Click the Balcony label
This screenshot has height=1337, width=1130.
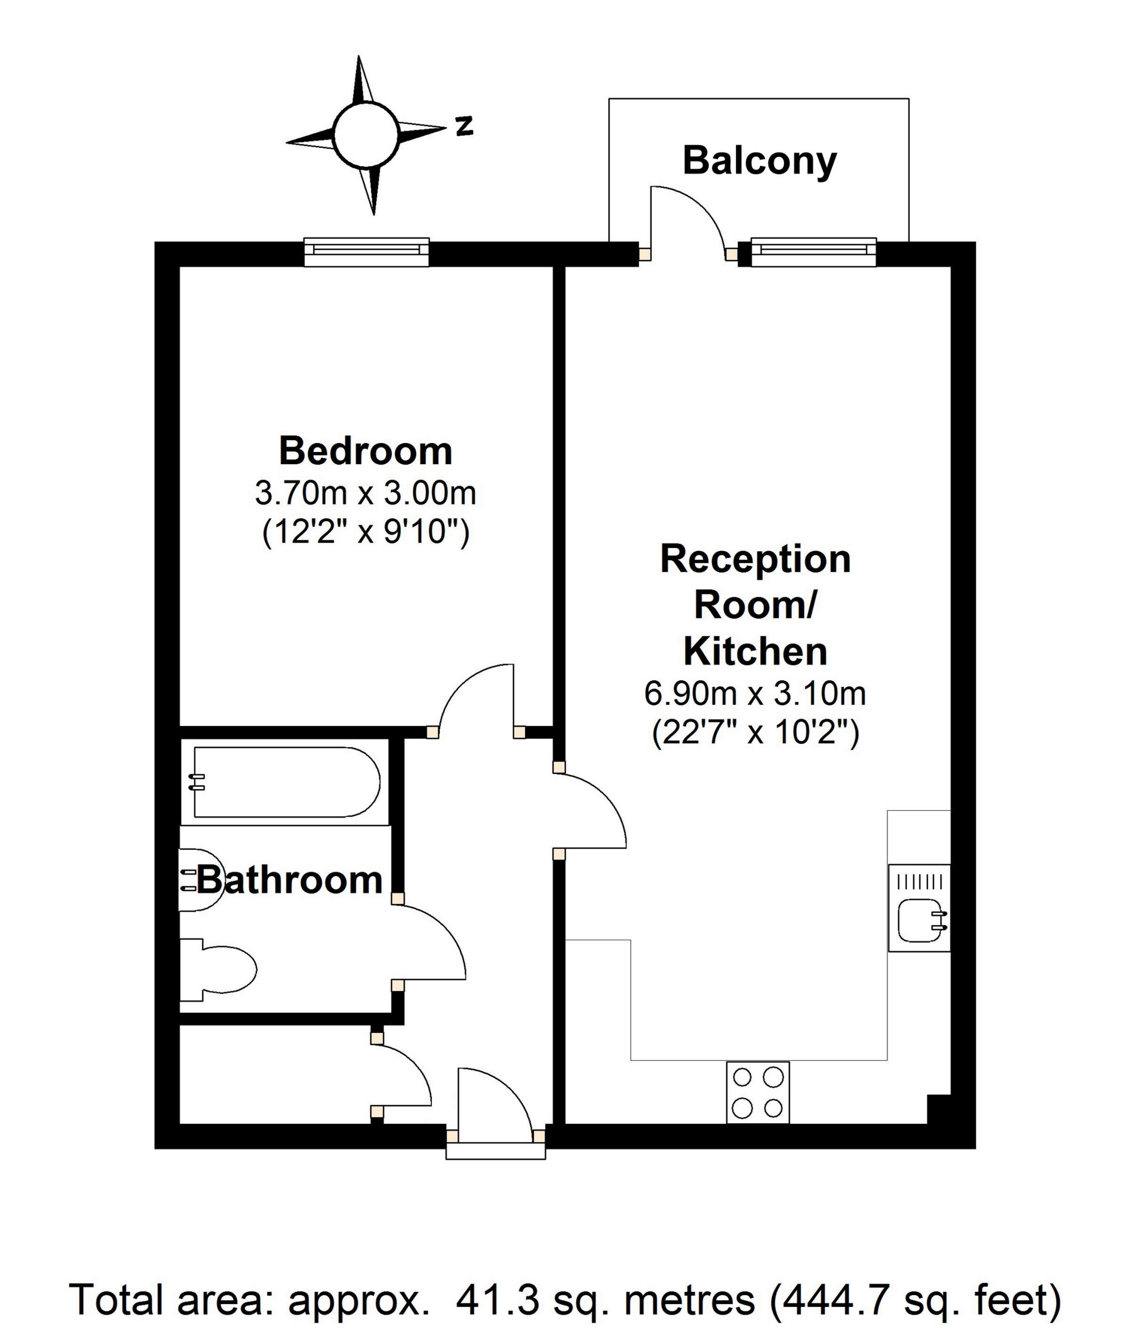(x=759, y=161)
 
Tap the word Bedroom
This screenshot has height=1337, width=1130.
(x=366, y=451)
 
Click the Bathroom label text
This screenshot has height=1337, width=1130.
(x=290, y=879)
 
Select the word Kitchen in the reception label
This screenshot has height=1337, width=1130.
(x=756, y=652)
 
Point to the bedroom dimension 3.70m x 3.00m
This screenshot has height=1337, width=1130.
(x=366, y=493)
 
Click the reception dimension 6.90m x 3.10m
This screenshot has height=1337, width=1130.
(x=756, y=694)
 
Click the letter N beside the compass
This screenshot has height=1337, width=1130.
(x=464, y=126)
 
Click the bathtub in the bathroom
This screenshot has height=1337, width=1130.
(x=286, y=782)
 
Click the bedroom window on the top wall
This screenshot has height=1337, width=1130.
(x=367, y=252)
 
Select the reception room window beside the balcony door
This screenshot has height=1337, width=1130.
(x=814, y=252)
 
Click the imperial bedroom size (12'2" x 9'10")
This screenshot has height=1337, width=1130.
(x=366, y=532)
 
